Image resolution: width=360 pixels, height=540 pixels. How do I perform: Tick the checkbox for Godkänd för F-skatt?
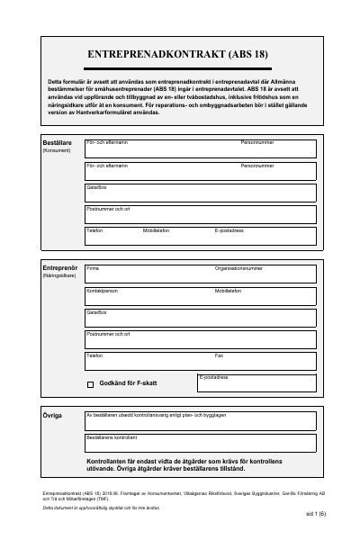(90, 383)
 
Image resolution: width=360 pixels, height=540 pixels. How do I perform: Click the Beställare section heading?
(57, 142)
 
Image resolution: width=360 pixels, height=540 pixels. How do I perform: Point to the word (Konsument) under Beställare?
(56, 151)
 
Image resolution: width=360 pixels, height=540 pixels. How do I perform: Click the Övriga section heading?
(52, 416)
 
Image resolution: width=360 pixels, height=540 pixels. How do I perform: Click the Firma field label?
(92, 268)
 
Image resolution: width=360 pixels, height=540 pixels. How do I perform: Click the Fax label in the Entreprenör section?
(219, 355)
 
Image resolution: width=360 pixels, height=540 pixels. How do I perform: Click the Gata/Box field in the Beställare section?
(200, 193)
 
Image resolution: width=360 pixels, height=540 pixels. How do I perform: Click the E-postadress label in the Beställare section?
(229, 230)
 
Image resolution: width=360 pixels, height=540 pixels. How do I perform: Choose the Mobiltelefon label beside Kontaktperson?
(228, 291)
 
